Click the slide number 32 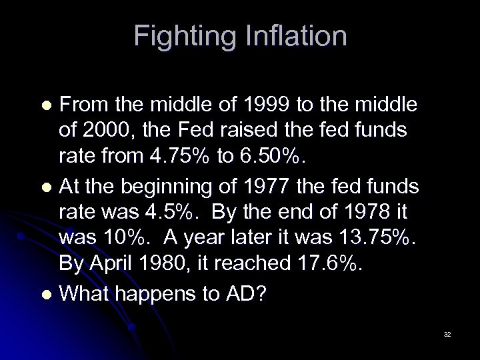point(447,335)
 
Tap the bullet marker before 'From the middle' point(45,105)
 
